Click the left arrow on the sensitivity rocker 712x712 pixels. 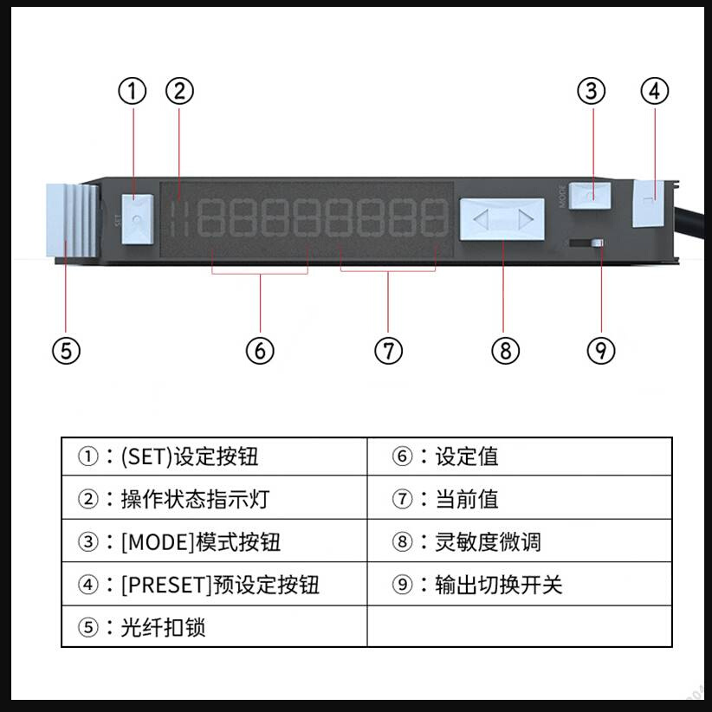482,219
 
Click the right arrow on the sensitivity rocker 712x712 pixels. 524,219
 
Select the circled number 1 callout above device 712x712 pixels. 133,91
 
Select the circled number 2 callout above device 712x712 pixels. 179,91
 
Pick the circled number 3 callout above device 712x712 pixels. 592,91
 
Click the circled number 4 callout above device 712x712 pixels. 655,91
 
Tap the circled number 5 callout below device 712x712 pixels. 66,351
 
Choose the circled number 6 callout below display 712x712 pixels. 260,351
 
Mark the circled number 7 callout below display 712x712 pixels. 389,351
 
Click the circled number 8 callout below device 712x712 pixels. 506,351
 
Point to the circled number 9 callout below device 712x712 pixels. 601,351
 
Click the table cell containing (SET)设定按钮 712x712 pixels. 214,456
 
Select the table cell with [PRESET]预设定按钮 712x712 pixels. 214,585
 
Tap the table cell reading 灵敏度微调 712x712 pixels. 520,542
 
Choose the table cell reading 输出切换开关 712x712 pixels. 520,585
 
